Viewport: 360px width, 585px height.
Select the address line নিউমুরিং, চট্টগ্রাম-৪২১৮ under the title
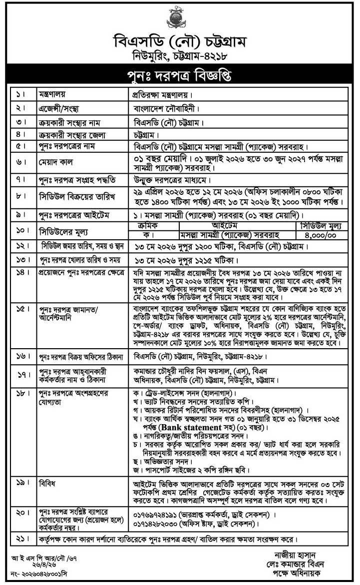tap(180, 57)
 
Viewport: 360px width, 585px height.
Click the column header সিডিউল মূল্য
tap(321, 225)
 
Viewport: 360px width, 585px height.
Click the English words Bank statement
tap(192, 428)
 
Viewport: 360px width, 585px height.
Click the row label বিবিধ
tap(47, 483)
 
